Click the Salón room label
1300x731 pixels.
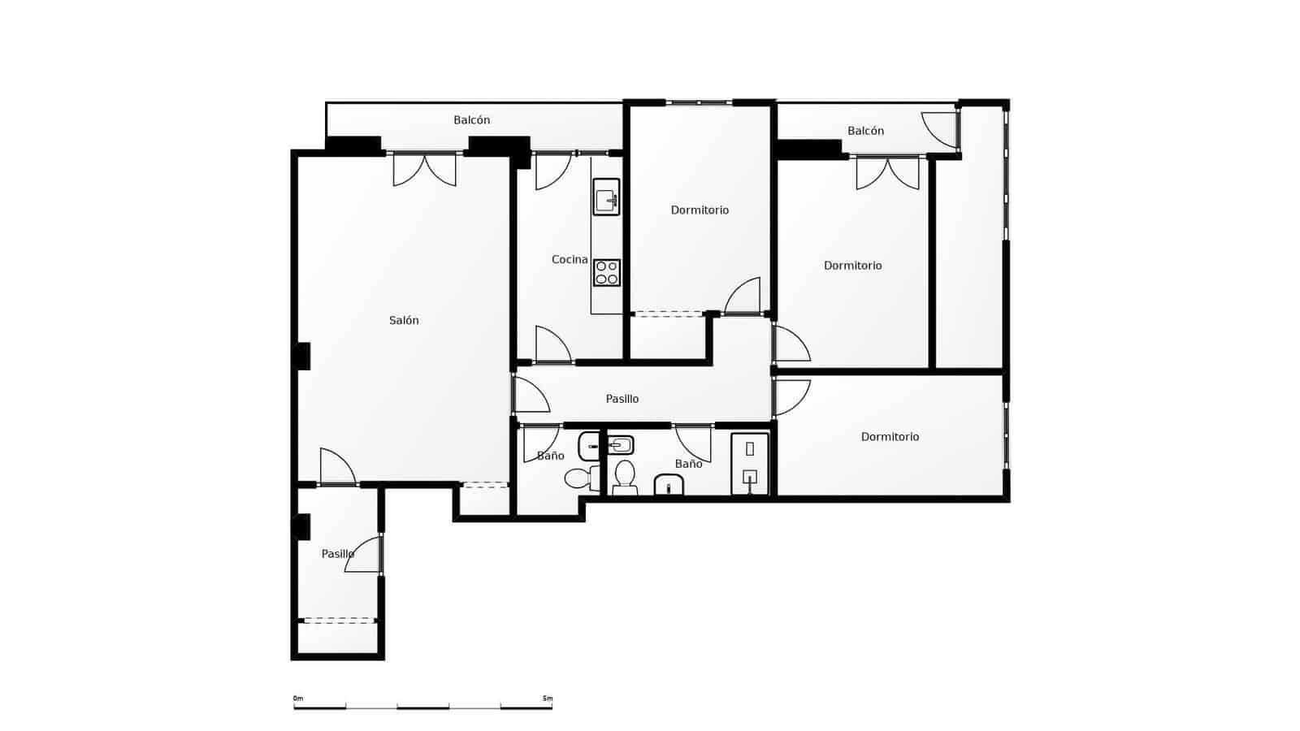[404, 321]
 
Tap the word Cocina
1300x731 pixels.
[569, 260]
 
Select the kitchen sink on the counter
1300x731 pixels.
[606, 197]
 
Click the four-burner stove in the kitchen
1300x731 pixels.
[606, 273]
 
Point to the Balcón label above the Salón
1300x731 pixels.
[471, 120]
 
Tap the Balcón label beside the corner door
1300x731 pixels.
[865, 131]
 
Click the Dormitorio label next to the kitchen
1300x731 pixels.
[700, 210]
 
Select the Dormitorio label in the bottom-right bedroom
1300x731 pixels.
[890, 437]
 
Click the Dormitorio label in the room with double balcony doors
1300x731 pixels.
[852, 266]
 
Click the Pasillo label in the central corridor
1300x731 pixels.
[622, 399]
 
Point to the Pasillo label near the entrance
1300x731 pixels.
[337, 554]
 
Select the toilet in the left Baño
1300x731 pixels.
[578, 478]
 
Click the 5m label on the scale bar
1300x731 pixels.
[547, 699]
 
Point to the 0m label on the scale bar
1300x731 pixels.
[298, 699]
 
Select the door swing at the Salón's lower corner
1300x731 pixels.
[336, 468]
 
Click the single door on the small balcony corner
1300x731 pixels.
[941, 130]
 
